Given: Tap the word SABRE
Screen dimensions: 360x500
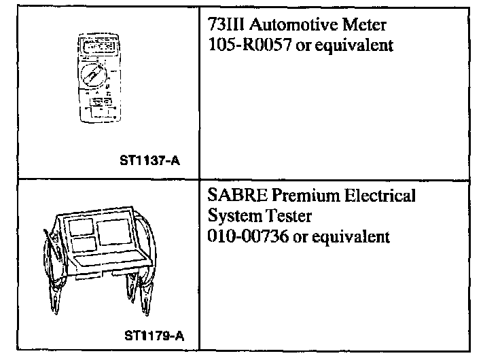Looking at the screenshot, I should click(231, 196).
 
